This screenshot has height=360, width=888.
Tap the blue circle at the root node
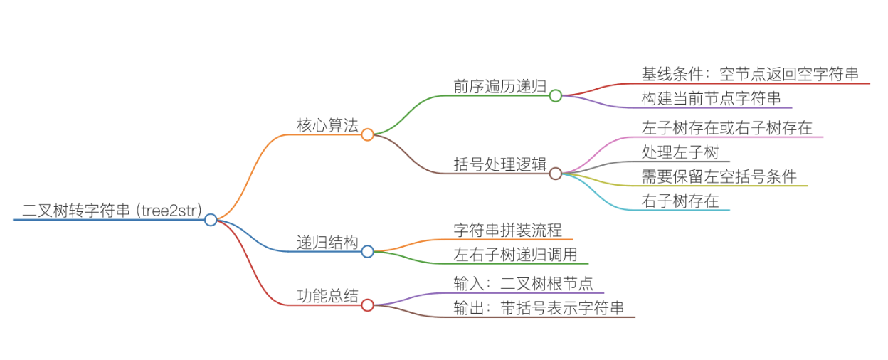click(211, 220)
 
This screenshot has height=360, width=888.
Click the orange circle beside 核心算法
click(367, 134)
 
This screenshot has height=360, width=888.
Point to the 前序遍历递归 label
click(499, 86)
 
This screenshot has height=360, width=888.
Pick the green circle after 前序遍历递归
click(556, 95)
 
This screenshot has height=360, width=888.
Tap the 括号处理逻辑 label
click(499, 164)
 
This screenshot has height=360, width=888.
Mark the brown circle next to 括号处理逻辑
click(556, 173)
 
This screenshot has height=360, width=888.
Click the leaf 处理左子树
click(680, 152)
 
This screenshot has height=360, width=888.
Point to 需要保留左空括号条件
click(719, 176)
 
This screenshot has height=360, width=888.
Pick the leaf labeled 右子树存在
click(680, 201)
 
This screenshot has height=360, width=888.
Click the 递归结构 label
click(327, 242)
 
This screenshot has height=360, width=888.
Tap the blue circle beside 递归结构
click(367, 251)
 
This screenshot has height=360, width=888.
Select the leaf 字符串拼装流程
click(507, 230)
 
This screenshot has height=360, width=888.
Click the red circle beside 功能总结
click(367, 305)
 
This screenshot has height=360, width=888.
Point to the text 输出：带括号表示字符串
click(539, 307)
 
